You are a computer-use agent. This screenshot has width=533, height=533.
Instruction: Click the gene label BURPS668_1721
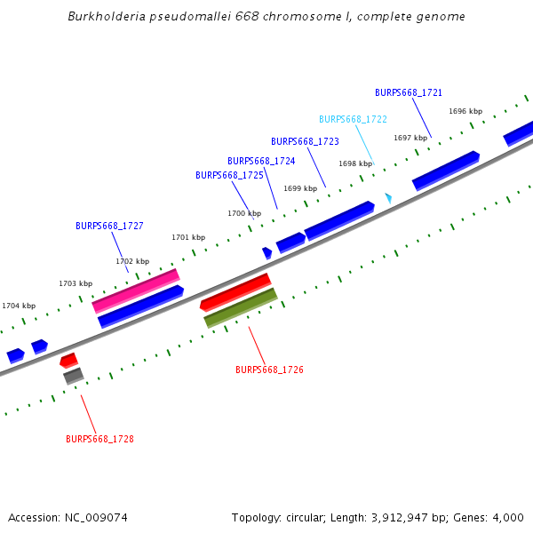coord(409,92)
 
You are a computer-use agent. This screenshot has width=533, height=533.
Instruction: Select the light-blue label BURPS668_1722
coord(353,119)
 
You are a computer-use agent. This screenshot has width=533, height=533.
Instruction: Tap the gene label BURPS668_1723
coord(305,141)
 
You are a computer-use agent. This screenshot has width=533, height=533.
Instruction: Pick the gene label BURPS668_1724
coord(261,161)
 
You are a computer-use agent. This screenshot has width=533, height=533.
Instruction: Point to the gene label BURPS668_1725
coord(229,175)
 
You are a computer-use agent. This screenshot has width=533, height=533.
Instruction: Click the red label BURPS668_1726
coord(269,369)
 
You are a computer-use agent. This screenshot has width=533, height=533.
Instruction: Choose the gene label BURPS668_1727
coord(109,226)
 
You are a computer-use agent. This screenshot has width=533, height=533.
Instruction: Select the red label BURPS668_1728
coord(99,438)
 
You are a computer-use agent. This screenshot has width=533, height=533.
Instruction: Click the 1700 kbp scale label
coord(244,213)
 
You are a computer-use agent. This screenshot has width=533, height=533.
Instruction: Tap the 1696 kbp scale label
coord(465,111)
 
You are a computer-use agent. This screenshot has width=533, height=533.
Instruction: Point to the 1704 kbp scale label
coord(19,306)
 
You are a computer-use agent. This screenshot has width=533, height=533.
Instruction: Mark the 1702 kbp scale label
coord(132,261)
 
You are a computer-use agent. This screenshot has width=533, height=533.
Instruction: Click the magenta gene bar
coord(136,290)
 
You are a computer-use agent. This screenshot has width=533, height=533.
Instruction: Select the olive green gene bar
coord(241,307)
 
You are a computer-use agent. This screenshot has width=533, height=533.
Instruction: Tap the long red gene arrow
coord(235,292)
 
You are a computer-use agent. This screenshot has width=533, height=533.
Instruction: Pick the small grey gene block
coord(73,376)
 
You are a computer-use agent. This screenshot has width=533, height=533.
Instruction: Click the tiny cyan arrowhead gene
coord(388,197)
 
